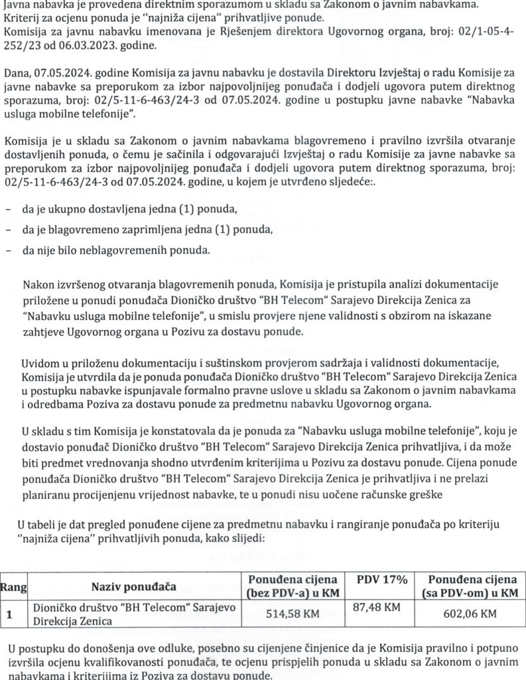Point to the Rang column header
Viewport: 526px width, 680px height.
[x=13, y=586]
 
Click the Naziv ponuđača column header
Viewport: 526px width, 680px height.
[x=133, y=586]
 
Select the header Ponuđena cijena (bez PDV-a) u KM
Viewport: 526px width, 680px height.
[x=292, y=586]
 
